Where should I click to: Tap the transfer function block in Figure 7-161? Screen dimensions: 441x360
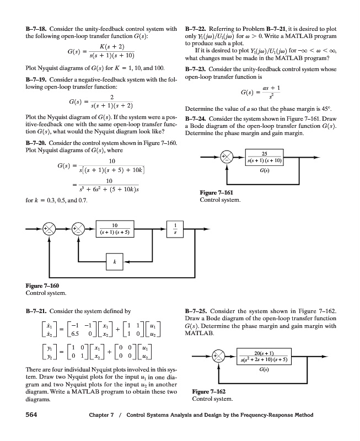pyautogui.click(x=265, y=157)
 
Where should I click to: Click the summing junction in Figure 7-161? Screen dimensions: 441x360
pyautogui.click(x=226, y=157)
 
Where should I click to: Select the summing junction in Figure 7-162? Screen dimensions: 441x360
pyautogui.click(x=226, y=357)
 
